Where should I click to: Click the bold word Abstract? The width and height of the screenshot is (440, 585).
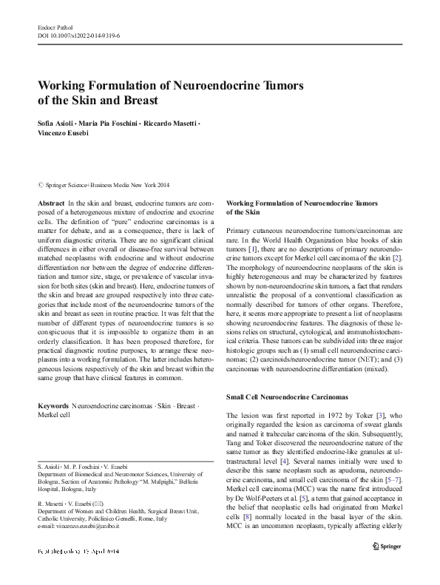click(50, 202)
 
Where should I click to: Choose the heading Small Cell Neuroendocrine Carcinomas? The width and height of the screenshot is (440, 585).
click(295, 398)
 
